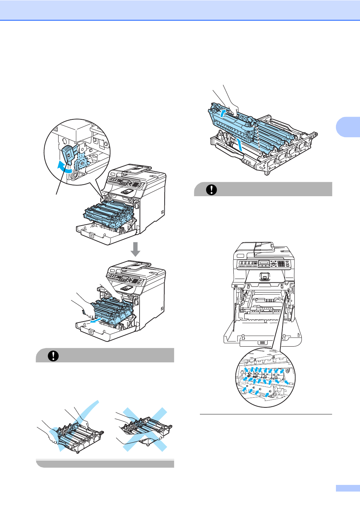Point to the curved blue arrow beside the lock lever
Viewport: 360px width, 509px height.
64,167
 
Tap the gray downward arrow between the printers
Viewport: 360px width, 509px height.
135,249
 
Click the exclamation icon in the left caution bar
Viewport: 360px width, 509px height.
53,356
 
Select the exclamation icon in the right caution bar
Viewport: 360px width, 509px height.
211,190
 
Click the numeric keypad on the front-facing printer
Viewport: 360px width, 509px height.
281,264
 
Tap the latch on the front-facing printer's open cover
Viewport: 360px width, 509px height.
262,343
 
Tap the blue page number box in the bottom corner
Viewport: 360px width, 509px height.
348,488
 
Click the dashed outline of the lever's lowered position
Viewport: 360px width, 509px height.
83,160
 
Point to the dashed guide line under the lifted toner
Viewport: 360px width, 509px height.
257,140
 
